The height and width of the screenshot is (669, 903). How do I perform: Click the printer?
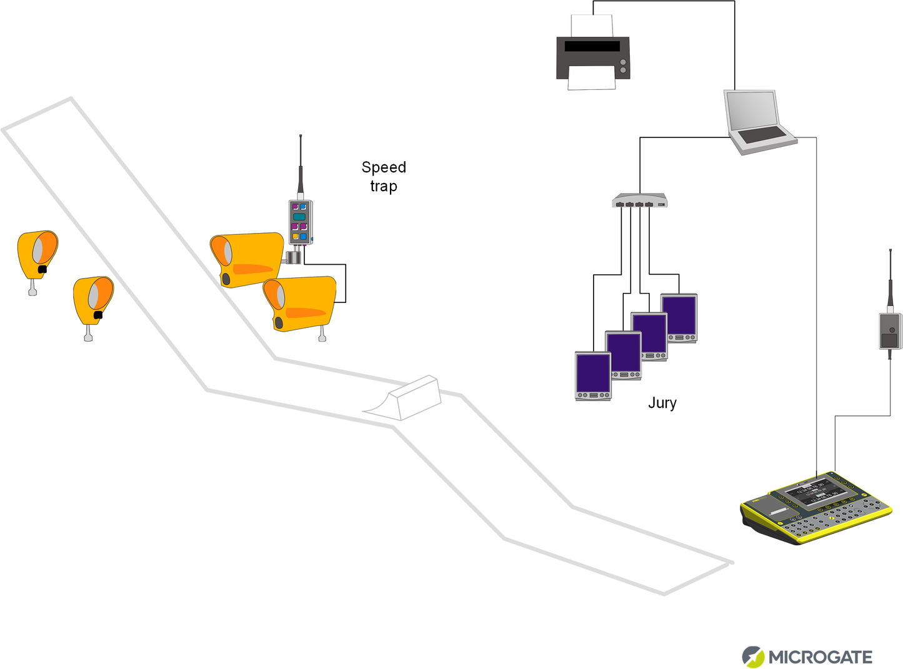tap(592, 56)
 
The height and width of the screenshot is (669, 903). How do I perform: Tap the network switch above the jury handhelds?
tap(639, 201)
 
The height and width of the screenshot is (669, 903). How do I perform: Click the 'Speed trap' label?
tap(384, 177)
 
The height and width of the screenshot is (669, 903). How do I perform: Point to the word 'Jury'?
tap(662, 403)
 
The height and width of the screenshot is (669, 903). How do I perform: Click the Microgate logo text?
tap(820, 657)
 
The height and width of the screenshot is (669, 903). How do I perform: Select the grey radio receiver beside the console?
tap(890, 331)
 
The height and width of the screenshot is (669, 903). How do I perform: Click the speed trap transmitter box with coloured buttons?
tap(301, 222)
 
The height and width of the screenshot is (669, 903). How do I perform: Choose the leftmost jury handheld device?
tap(593, 375)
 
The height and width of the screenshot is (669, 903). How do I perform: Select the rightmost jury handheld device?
tap(679, 317)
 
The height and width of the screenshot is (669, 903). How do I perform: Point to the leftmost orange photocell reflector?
tap(37, 255)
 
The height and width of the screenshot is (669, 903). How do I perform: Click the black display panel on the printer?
tap(592, 46)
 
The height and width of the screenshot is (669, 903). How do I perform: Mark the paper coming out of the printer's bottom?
tap(592, 79)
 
